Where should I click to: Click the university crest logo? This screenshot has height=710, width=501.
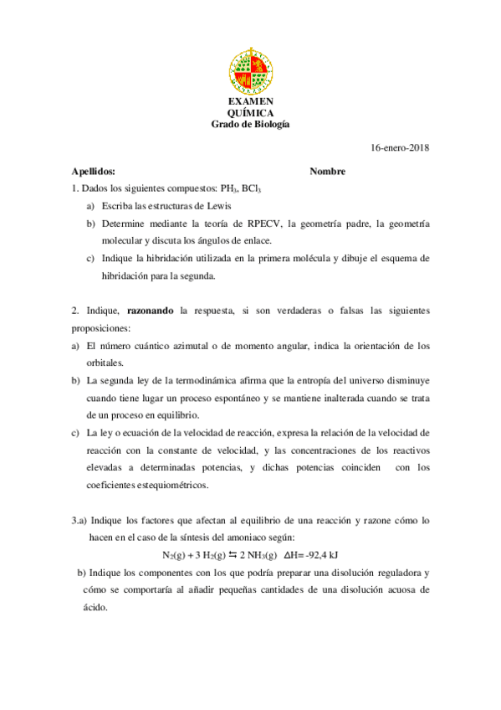click(x=250, y=71)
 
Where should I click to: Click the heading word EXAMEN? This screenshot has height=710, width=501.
click(x=250, y=102)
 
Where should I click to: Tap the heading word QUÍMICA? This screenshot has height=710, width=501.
click(x=250, y=113)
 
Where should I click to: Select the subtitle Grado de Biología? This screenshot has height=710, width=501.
click(x=250, y=124)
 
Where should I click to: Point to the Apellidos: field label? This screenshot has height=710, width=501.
click(x=94, y=172)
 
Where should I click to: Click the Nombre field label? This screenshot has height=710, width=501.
click(x=327, y=172)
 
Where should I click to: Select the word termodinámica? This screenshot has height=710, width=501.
click(x=202, y=381)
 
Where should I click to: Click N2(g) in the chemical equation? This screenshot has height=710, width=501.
click(x=175, y=555)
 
